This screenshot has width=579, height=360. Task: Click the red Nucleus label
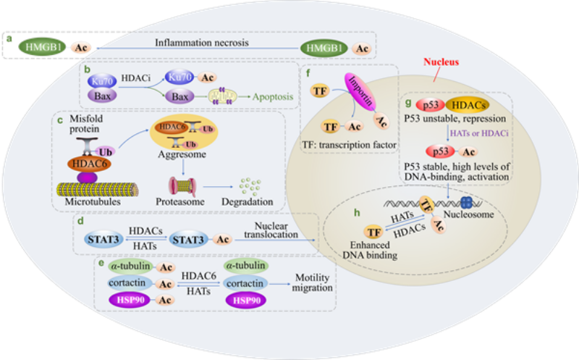(x=441, y=62)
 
